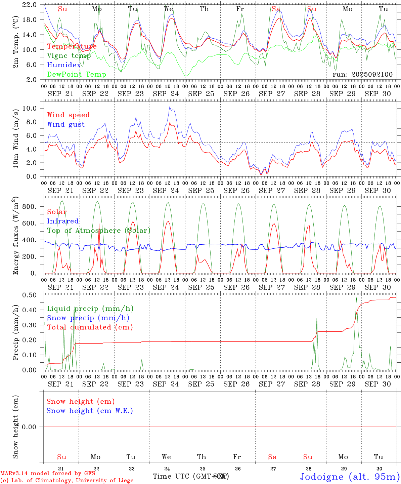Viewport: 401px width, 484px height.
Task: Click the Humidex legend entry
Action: (x=64, y=65)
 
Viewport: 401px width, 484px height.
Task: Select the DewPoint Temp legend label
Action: (x=77, y=75)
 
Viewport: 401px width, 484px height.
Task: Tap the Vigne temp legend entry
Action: (x=69, y=56)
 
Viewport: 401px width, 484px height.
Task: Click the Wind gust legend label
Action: (x=66, y=125)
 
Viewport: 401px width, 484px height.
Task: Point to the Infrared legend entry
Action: (x=63, y=221)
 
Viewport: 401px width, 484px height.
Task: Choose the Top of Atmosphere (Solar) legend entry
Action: (x=99, y=231)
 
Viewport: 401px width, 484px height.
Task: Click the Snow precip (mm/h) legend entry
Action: (x=88, y=318)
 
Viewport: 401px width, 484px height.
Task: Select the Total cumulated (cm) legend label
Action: (x=90, y=327)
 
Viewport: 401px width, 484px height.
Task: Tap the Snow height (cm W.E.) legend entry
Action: (x=90, y=411)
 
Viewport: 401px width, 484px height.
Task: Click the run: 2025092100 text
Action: (x=362, y=74)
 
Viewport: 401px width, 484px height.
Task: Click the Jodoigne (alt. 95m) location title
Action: (x=350, y=477)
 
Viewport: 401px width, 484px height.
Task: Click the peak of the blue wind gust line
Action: (x=170, y=107)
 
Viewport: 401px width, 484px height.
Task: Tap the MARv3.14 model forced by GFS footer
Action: (x=48, y=474)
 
